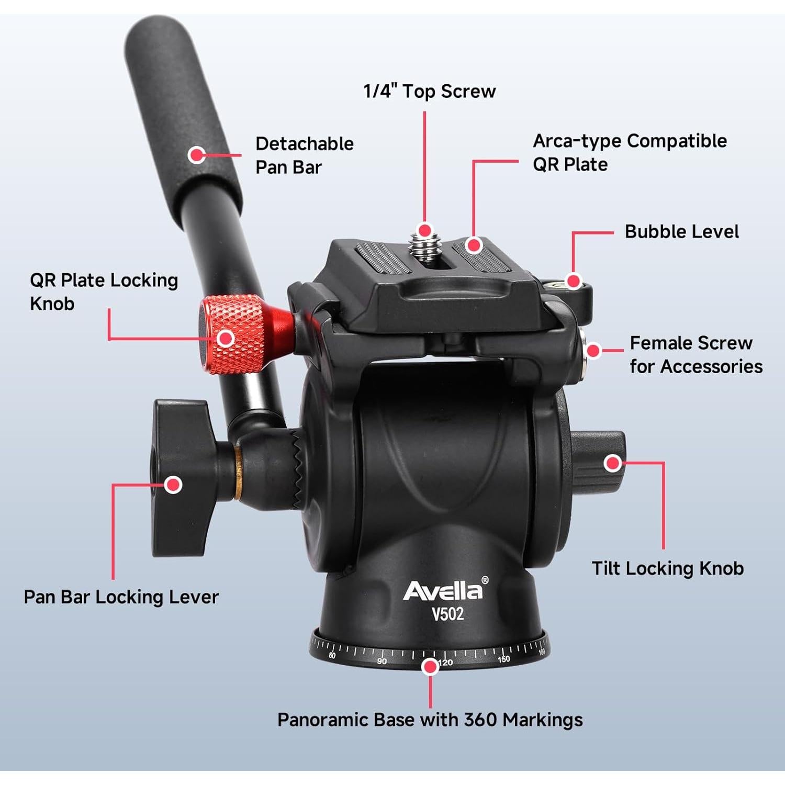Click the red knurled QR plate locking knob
[233, 335]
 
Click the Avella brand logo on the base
[443, 590]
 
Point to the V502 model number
[447, 613]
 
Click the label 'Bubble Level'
[681, 232]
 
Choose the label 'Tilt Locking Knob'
[667, 568]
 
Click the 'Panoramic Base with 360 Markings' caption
[430, 720]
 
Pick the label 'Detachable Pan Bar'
[304, 155]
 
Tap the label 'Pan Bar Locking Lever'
[121, 597]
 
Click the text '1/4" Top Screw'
[429, 92]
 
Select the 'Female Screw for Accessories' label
[696, 355]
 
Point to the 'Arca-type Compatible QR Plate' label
[629, 152]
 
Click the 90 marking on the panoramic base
[382, 661]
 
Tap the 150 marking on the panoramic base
[503, 659]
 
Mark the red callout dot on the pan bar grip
[197, 155]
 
